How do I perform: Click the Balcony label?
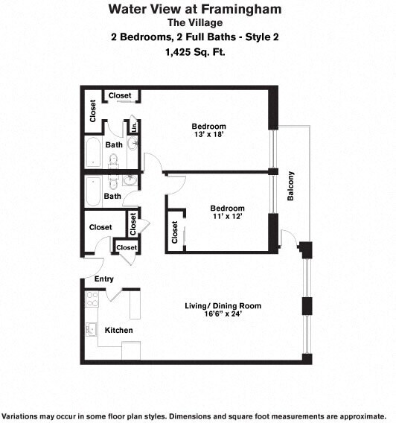click(291, 186)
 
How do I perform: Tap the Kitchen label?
click(118, 330)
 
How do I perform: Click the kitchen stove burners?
click(92, 299)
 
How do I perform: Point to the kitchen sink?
click(92, 329)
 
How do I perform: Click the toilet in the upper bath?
click(115, 160)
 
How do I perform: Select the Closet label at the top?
click(120, 96)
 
